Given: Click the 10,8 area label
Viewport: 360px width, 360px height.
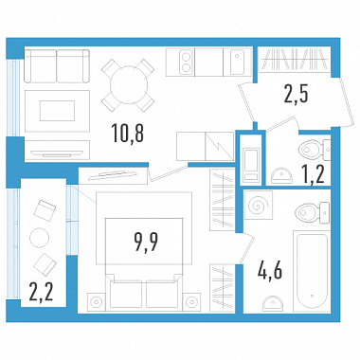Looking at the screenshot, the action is [x=128, y=133].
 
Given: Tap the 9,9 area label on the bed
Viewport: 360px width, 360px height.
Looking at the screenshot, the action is [x=146, y=243].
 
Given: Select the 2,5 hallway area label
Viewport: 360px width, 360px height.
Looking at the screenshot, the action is [x=296, y=95].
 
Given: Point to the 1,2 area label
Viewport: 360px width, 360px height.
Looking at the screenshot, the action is [x=314, y=174].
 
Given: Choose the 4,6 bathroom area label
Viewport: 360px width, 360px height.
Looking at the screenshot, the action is [x=269, y=271].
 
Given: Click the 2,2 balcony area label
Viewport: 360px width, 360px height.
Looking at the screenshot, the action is [x=41, y=292].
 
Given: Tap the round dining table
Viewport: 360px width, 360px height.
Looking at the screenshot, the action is [x=129, y=84].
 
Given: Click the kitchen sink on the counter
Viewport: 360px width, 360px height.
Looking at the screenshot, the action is [x=237, y=62].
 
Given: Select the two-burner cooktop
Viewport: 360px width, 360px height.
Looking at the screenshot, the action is [x=186, y=63].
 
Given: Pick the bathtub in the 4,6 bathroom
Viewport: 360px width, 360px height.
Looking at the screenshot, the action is [x=312, y=272].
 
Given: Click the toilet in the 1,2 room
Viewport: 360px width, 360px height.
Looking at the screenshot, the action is [x=315, y=150].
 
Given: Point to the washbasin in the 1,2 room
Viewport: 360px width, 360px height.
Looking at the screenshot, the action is [x=281, y=175].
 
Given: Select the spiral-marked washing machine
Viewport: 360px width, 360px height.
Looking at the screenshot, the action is [x=259, y=206].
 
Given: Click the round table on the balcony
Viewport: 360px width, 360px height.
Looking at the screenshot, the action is [x=39, y=238].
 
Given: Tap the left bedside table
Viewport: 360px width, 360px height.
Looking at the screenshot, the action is [x=97, y=301].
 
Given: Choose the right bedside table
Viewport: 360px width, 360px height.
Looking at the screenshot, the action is [x=191, y=301].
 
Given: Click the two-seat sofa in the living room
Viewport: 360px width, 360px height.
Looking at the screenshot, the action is [x=57, y=66].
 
